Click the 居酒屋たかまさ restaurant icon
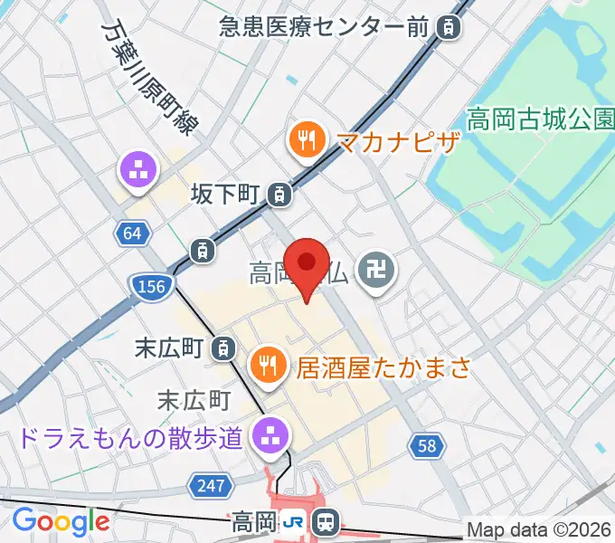point(267,365)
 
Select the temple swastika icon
point(372,269)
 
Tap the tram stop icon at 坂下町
point(281,193)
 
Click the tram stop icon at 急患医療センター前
point(447,28)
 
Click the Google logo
point(61,522)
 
